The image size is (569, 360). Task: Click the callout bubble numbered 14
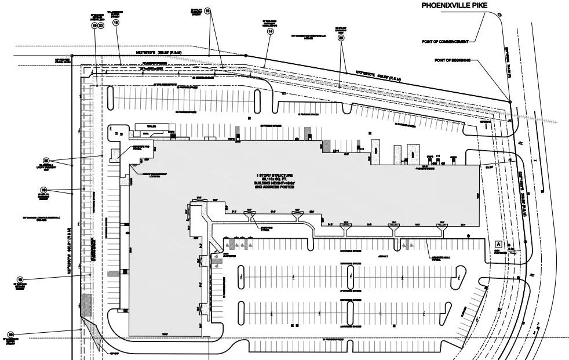(270, 32)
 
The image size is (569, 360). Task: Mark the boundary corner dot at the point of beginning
(510, 102)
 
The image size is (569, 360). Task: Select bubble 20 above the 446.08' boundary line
(341, 38)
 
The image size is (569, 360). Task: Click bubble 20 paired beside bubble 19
(101, 26)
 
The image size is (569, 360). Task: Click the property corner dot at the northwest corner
(79, 56)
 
